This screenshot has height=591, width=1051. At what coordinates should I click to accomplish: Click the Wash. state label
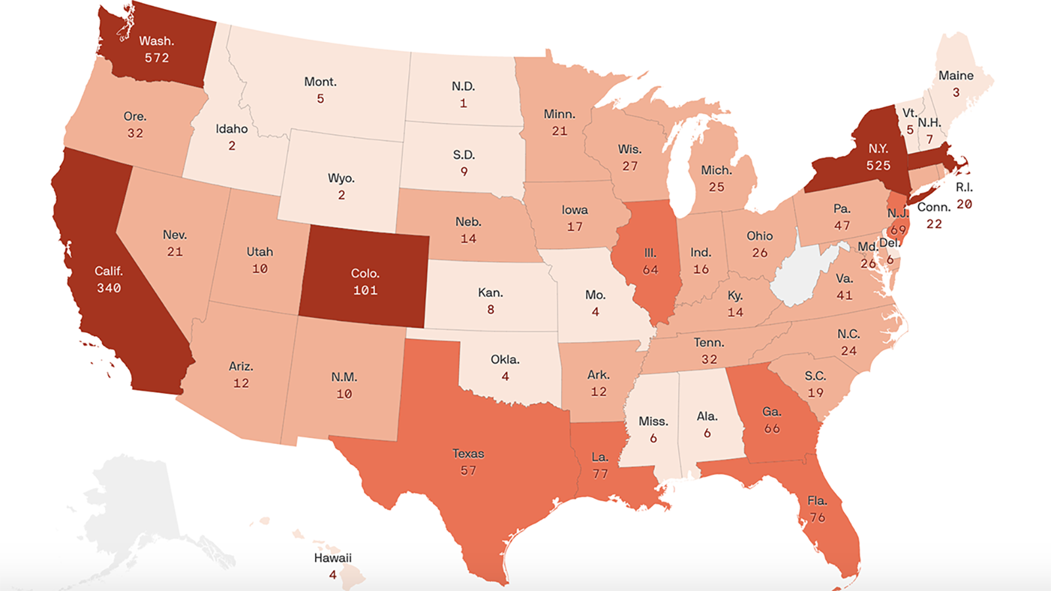[156, 41]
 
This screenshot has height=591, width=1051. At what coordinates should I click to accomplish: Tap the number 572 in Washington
[157, 58]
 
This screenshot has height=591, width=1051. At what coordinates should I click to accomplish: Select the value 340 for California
[108, 288]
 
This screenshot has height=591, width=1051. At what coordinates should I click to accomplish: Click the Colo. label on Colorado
[365, 273]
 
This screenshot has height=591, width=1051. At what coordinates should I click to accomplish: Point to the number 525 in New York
[878, 165]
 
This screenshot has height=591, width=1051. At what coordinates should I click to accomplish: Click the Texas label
[468, 453]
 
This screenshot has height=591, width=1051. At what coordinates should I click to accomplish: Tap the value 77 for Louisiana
[600, 473]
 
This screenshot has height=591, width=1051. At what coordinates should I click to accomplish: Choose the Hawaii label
[332, 558]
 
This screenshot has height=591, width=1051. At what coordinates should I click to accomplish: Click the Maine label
[956, 76]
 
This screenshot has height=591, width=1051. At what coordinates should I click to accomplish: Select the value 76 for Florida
[817, 517]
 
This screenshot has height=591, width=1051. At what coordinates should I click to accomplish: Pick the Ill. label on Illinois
[650, 253]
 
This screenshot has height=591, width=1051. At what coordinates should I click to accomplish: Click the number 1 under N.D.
[463, 103]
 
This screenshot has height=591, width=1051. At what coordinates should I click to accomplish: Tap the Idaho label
[231, 129]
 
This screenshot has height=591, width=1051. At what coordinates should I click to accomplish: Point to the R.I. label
[964, 187]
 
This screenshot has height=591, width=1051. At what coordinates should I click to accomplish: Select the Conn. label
[933, 207]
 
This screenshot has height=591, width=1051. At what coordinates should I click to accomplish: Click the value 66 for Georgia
[771, 429]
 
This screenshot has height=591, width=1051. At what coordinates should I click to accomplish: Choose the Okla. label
[504, 359]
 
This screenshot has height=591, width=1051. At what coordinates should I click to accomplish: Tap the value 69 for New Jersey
[898, 230]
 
